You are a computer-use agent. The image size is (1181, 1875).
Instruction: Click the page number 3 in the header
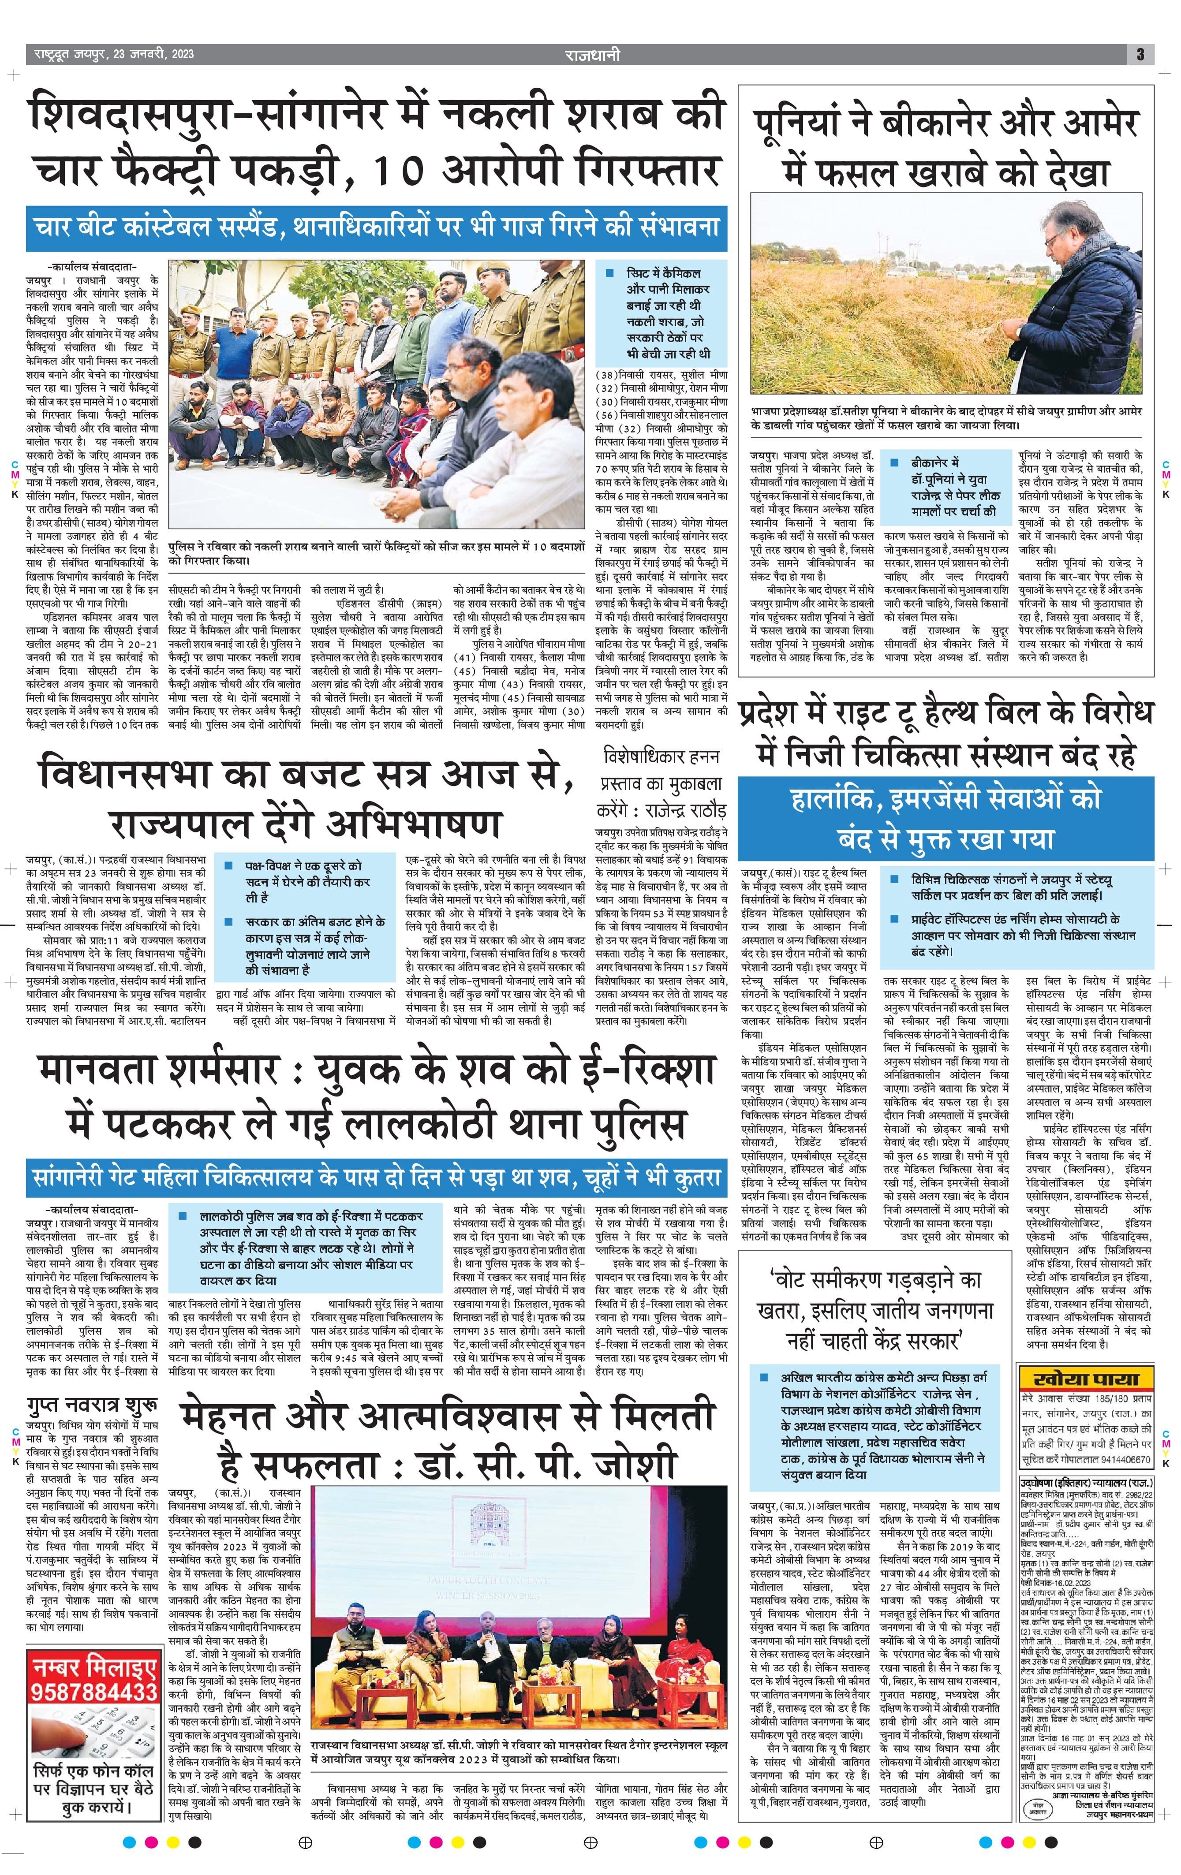click(1140, 55)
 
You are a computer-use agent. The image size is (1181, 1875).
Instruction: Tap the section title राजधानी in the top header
click(592, 55)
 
